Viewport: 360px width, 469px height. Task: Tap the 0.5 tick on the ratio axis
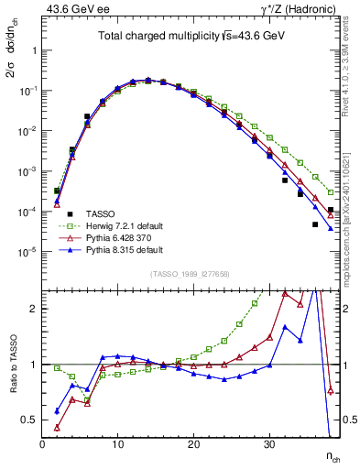pyautogui.click(x=29, y=420)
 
